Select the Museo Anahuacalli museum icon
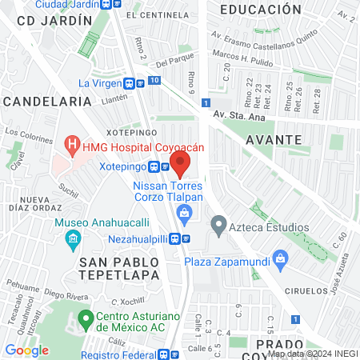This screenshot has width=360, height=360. pos(73,238)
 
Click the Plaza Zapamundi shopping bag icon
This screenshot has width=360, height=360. pos(280,258)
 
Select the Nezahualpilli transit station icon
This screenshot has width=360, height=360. pos(186,238)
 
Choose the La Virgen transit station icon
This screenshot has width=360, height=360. pos(128,82)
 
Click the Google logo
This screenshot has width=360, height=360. pos(26,350)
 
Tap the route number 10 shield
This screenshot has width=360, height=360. pos(154,81)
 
